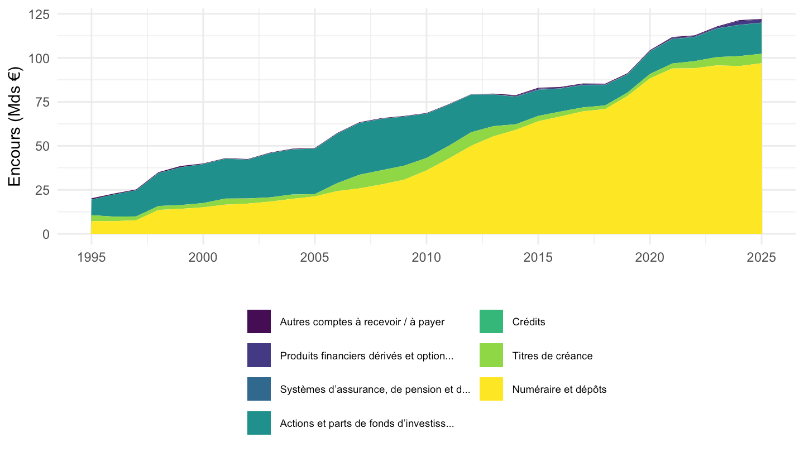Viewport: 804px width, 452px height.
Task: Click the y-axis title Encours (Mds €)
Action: [x=15, y=126]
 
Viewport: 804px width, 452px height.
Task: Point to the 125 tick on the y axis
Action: [x=39, y=15]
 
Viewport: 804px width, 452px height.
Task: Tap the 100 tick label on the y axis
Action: [x=39, y=58]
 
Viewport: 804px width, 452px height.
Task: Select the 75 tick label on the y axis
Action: [x=42, y=102]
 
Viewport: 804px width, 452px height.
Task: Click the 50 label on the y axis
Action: [x=42, y=146]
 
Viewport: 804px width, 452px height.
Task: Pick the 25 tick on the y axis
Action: [x=42, y=190]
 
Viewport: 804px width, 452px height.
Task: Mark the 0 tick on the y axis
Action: [x=46, y=234]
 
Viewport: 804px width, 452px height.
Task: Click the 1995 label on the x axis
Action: [x=92, y=257]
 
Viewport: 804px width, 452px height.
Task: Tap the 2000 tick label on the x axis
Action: [x=203, y=257]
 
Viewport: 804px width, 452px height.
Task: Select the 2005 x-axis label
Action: [x=315, y=257]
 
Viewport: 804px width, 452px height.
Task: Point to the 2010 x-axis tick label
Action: [x=427, y=257]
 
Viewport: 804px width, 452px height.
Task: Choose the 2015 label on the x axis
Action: [x=538, y=257]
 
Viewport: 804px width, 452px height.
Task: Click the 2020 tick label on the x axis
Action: [x=650, y=257]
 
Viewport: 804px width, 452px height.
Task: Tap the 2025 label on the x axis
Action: [x=762, y=257]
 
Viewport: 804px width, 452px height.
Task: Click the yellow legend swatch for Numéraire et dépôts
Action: [x=491, y=389]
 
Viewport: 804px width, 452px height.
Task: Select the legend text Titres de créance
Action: [x=552, y=356]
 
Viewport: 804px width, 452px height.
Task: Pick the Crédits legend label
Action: [x=529, y=322]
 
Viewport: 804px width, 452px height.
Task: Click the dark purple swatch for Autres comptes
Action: [x=259, y=321]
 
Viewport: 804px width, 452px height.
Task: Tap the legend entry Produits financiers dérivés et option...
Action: [x=366, y=356]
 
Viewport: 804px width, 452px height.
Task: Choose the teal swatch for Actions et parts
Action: [x=259, y=423]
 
